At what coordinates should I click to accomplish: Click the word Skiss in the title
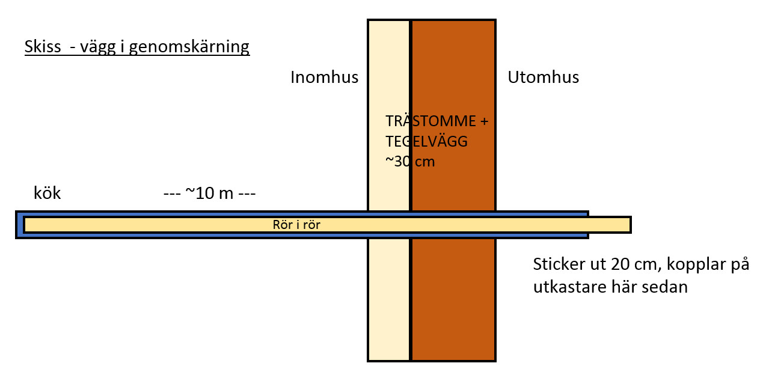click(43, 46)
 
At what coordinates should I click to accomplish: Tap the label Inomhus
click(324, 78)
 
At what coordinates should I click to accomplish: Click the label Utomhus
click(543, 78)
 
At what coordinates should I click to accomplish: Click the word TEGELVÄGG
click(426, 142)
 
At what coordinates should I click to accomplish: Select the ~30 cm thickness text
click(410, 162)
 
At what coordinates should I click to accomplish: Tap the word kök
click(47, 194)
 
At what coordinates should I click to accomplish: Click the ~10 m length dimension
click(210, 194)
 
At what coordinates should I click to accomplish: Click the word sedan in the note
click(667, 287)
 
